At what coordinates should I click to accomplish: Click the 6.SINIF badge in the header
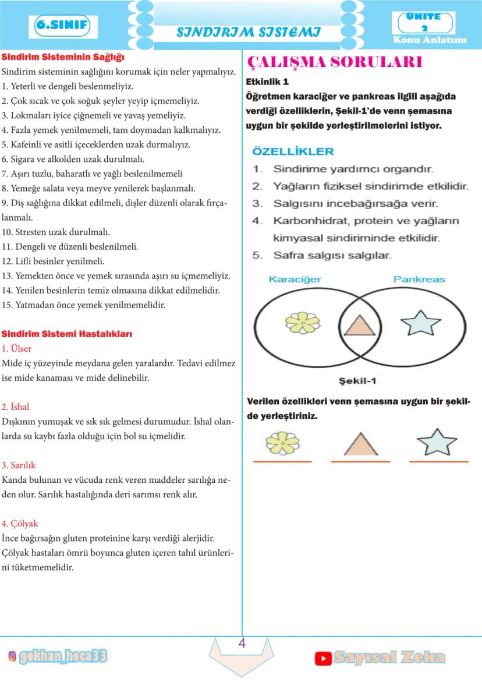[x=63, y=26]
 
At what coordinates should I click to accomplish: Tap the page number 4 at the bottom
[x=242, y=644]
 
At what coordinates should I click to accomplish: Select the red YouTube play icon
[x=323, y=658]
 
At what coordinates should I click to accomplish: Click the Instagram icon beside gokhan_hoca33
[x=12, y=657]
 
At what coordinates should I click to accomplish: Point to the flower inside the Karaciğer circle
[x=303, y=323]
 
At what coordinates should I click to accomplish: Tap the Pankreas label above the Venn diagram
[x=419, y=280]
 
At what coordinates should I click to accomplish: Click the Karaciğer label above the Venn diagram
[x=295, y=280]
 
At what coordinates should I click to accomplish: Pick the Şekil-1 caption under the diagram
[x=358, y=381]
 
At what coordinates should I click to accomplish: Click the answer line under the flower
[x=282, y=462]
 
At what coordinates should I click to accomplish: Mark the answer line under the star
[x=438, y=462]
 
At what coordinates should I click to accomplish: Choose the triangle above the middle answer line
[x=361, y=444]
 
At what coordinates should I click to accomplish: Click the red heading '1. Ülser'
[x=17, y=349]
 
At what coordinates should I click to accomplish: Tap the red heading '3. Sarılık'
[x=19, y=465]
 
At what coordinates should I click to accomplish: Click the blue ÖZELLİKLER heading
[x=293, y=151]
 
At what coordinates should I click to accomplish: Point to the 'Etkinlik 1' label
[x=268, y=82]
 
